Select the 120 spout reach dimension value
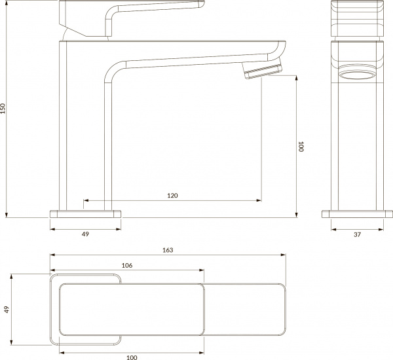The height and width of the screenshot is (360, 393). pos(172,195)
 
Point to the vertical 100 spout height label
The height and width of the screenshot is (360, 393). pos(300,147)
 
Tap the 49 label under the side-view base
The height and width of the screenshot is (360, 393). pos(85,234)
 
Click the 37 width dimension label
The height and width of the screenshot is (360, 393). pos(356,234)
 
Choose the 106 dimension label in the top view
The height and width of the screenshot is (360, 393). pos(127,265)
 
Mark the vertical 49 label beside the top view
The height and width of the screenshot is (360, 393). pos(7,310)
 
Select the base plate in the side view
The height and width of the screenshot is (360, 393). pos(86,213)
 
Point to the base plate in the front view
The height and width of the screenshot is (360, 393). pos(356,213)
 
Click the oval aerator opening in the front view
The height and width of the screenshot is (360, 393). pos(357,74)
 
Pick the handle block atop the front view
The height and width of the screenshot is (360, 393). pos(357,20)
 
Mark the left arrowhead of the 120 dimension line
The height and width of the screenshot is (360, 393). pos(85,200)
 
